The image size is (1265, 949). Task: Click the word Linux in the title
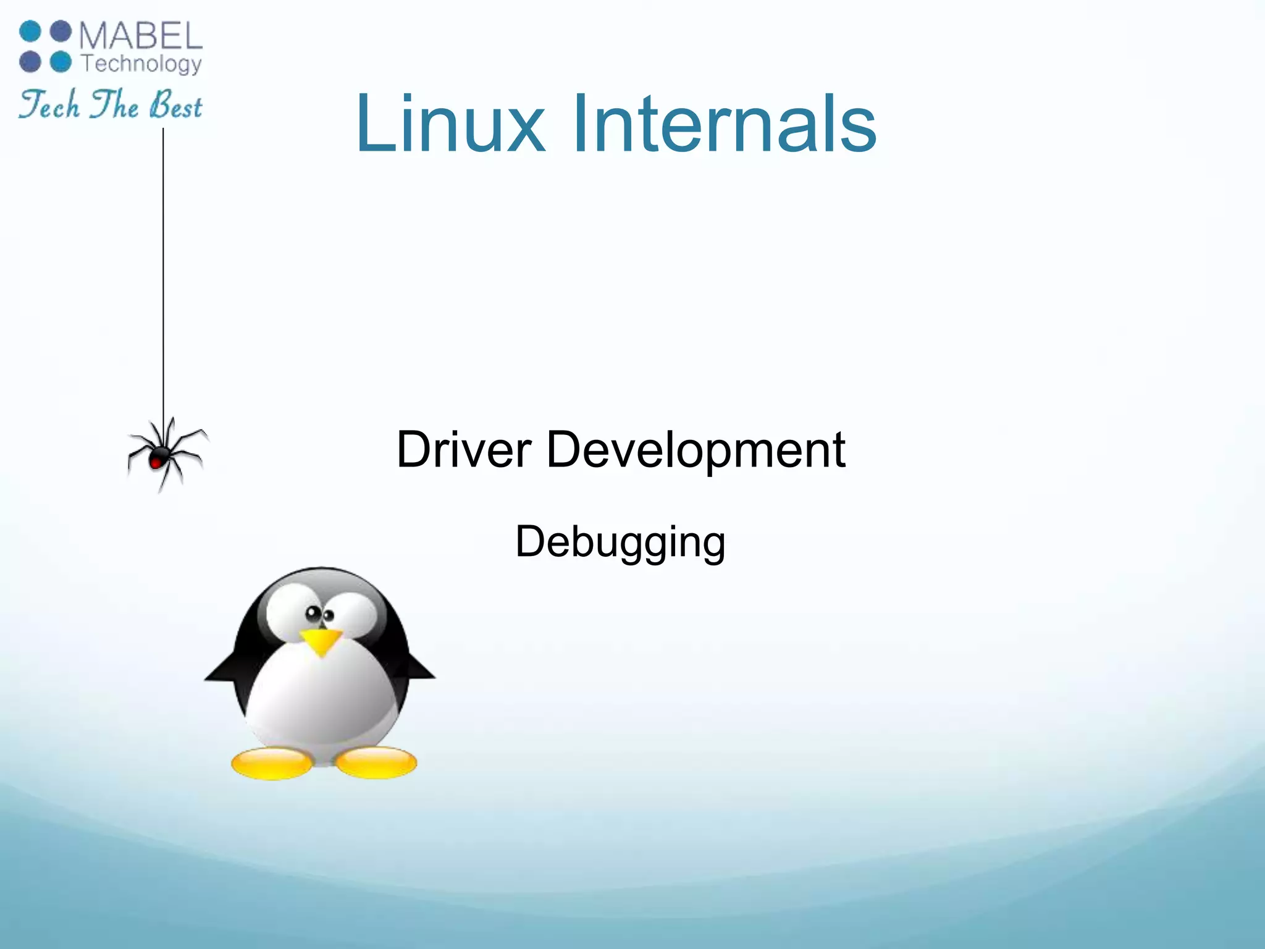click(450, 124)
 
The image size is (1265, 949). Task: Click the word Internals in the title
click(724, 124)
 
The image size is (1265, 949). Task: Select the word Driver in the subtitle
click(463, 450)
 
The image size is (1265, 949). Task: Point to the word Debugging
click(620, 542)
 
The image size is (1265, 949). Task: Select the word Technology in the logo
click(141, 64)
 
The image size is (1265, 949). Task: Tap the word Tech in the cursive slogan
click(49, 105)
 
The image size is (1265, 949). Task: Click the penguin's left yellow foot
click(272, 763)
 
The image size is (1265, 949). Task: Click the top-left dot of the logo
click(30, 32)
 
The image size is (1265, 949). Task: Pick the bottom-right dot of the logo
click(61, 62)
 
